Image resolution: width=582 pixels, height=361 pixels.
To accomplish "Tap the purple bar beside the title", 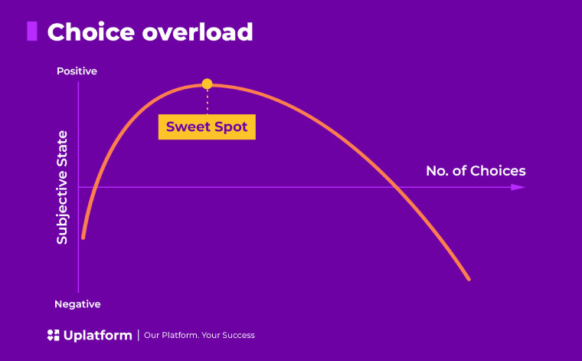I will [x=32, y=31].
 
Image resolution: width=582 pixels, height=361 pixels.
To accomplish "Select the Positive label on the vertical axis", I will [x=77, y=71].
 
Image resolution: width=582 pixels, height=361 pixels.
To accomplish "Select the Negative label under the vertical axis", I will [x=77, y=304].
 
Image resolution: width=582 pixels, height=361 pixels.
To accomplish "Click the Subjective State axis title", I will [x=62, y=188].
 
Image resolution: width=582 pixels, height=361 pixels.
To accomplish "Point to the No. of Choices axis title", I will [x=476, y=170].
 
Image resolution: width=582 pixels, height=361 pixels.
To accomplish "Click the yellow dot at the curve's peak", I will [x=207, y=84].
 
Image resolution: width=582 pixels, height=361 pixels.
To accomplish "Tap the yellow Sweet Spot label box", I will [x=207, y=126].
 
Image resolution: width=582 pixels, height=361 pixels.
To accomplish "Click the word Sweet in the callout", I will [x=188, y=126].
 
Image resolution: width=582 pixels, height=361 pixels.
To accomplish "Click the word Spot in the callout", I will [x=231, y=126].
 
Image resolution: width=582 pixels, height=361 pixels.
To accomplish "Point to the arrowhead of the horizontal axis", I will [x=519, y=187].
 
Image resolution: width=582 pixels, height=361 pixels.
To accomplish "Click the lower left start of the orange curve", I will [x=83, y=238].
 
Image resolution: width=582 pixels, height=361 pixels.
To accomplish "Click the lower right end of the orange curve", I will [x=468, y=278].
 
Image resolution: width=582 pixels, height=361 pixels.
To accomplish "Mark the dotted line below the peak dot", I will [x=207, y=101].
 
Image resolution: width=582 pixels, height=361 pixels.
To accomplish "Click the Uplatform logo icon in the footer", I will [x=53, y=335].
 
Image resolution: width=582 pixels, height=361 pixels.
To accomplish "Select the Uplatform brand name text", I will [x=96, y=335].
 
